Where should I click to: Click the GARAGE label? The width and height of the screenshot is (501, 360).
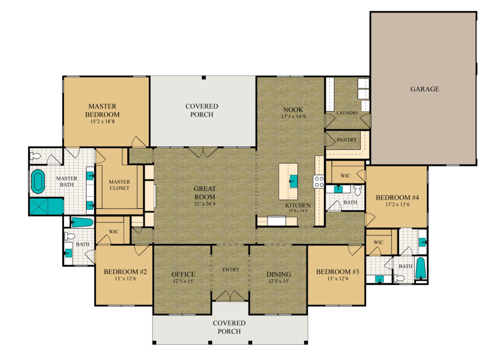(425, 89)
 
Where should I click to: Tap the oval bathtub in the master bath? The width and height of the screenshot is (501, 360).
(38, 181)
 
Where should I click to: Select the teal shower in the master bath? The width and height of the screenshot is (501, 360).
(46, 206)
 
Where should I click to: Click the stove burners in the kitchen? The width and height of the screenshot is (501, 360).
(319, 182)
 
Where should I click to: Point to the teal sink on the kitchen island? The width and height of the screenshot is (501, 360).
(294, 181)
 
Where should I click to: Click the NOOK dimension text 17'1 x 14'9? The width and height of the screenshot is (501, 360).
(294, 116)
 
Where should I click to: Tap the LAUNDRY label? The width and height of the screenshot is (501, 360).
(347, 113)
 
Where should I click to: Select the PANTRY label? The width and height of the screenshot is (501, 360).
(347, 140)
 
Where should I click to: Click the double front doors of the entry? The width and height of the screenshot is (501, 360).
(230, 296)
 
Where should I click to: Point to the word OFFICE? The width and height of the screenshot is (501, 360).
(183, 274)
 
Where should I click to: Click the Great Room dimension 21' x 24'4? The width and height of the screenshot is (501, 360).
(205, 204)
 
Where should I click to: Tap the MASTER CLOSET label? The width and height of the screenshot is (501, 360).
(119, 185)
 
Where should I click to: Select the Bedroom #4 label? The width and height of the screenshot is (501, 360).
(397, 198)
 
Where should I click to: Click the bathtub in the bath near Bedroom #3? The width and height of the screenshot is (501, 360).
(420, 269)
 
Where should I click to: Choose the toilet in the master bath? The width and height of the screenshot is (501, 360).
(35, 156)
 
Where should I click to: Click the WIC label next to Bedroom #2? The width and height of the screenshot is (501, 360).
(114, 232)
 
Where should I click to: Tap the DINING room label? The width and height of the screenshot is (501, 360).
(279, 274)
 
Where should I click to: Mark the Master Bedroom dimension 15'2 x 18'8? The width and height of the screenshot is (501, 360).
(103, 122)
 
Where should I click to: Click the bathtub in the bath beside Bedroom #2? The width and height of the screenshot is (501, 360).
(82, 223)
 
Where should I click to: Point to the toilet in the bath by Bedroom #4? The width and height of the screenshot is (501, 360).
(357, 191)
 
